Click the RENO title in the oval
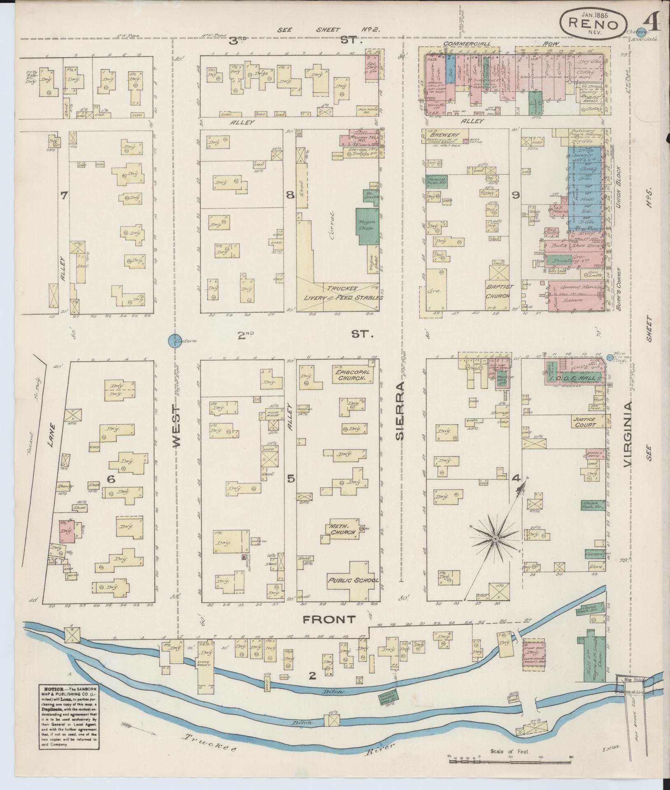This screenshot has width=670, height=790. (x=593, y=24)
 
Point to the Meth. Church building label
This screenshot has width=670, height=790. (x=342, y=529)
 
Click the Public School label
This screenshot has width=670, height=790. (x=353, y=581)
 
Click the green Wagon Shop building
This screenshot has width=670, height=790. (x=367, y=226)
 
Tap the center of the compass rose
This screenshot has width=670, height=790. (x=496, y=538)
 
